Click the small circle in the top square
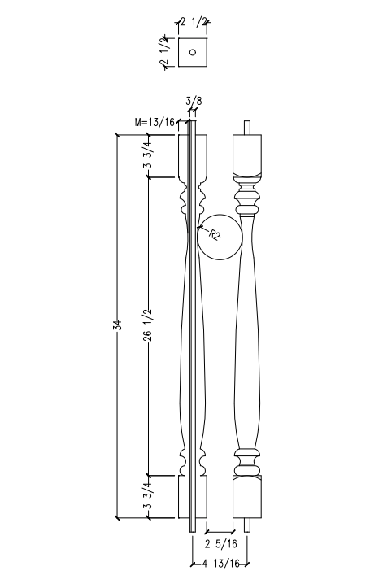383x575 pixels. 193,53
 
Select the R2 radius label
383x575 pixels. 215,235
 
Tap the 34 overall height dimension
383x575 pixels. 117,325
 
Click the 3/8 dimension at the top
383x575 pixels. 194,102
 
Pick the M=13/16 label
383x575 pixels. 155,122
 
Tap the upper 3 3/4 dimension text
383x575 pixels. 147,155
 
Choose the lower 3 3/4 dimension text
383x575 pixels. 147,497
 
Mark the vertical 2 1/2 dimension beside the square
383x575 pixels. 164,53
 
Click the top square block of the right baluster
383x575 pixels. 250,154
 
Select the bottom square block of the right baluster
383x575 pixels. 250,497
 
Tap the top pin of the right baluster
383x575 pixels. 250,129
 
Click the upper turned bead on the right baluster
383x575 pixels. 250,200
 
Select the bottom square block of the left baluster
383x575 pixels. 193,497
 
